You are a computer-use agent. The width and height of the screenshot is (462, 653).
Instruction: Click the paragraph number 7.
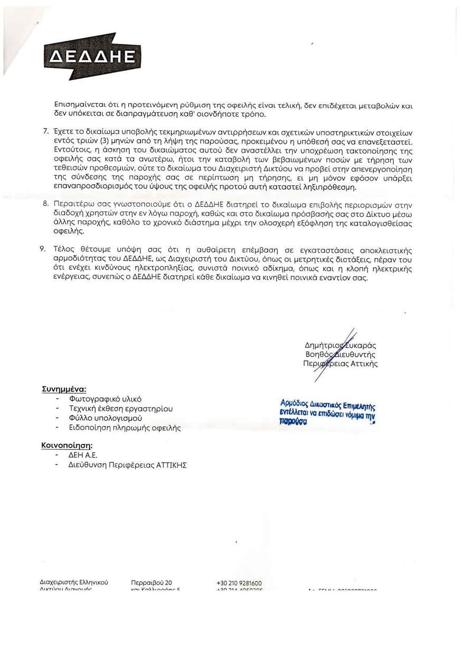point(45,130)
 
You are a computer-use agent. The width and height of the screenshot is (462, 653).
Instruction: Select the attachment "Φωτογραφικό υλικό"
point(105,399)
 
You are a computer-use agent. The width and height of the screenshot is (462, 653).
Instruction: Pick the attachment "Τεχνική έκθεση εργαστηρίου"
point(121,408)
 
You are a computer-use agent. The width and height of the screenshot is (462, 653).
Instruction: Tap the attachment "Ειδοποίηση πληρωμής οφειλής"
point(125,427)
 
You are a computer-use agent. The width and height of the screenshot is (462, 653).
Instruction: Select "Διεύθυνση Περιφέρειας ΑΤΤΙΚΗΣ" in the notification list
point(127,465)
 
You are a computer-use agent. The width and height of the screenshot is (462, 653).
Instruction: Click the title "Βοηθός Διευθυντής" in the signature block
point(340,355)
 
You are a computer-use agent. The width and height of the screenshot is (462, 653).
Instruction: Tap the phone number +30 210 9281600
point(239,583)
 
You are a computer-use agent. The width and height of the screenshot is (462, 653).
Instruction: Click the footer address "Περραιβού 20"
point(151,583)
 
